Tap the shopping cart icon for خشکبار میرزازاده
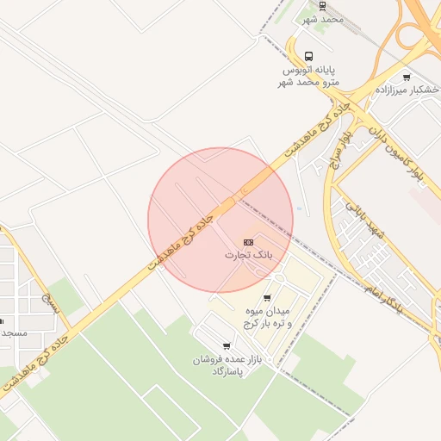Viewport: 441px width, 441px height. coord(407,77)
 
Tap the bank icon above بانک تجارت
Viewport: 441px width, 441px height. coord(248,242)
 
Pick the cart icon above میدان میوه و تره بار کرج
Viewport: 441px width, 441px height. coord(267,298)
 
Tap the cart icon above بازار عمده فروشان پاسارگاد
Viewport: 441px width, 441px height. coord(227,346)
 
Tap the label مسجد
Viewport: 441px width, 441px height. coord(15,332)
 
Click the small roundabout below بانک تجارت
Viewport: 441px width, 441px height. coord(279,278)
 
